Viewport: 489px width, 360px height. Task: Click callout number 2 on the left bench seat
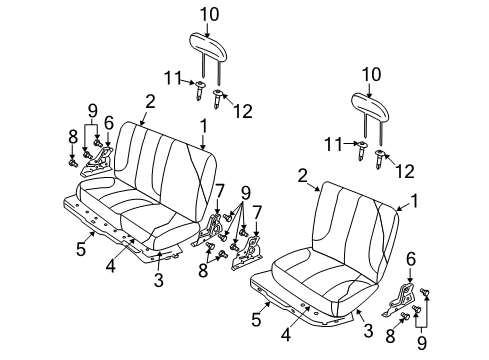coord(150,100)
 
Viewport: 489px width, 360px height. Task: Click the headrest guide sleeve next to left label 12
coord(218,97)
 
